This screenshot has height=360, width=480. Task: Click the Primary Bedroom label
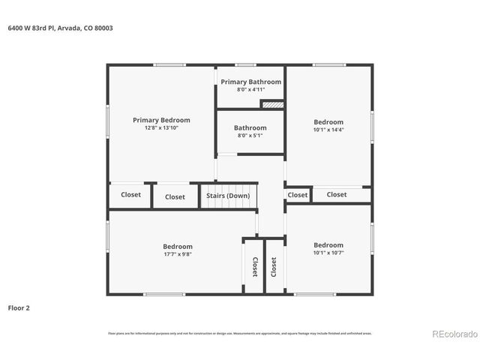161,120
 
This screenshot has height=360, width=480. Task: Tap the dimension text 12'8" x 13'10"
161,127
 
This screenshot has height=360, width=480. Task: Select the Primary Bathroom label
250,82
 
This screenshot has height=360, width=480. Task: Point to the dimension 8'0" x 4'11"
250,89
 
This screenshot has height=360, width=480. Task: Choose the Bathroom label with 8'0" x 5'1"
250,127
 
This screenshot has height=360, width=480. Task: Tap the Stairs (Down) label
228,196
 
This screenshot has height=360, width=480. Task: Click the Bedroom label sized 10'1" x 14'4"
328,122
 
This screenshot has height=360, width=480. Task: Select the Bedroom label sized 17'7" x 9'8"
178,246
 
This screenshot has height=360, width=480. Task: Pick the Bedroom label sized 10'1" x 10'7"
328,245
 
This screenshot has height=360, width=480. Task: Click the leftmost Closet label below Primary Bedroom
131,195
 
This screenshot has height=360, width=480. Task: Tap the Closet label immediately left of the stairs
175,197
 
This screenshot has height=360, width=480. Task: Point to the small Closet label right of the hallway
298,195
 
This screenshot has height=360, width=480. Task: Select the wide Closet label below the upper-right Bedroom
337,194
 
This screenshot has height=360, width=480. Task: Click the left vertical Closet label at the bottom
254,267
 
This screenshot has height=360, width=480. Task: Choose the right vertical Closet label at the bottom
274,267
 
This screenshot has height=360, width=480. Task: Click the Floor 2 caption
19,307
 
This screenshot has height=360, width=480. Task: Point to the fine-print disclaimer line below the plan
240,333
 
